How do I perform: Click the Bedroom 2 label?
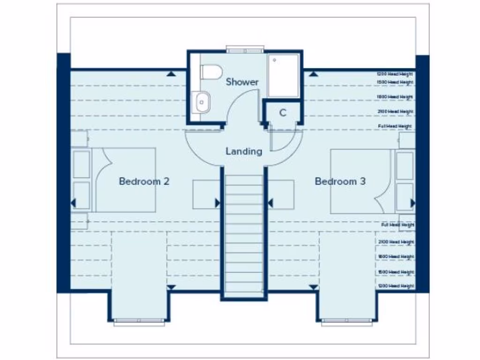pyautogui.click(x=143, y=181)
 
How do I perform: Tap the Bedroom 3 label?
pyautogui.click(x=340, y=181)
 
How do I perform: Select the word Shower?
pyautogui.click(x=242, y=82)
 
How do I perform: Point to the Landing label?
pyautogui.click(x=244, y=151)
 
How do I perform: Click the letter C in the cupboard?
pyautogui.click(x=283, y=113)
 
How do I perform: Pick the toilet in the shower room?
pyautogui.click(x=211, y=72)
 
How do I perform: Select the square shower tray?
pyautogui.click(x=283, y=75)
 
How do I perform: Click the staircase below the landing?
pyautogui.click(x=244, y=234)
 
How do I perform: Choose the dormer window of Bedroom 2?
pyautogui.click(x=139, y=322)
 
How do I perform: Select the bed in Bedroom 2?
pyautogui.click(x=124, y=180)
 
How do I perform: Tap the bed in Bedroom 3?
pyautogui.click(x=361, y=181)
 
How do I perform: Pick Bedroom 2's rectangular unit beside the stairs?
pyautogui.click(x=205, y=194)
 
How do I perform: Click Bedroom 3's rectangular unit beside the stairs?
pyautogui.click(x=281, y=194)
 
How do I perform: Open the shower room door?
pyautogui.click(x=241, y=105)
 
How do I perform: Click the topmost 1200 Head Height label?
pyautogui.click(x=396, y=74)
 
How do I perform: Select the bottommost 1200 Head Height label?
pyautogui.click(x=396, y=286)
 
